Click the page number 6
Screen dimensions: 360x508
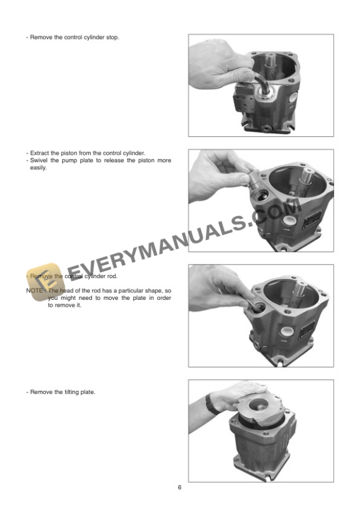pyautogui.click(x=179, y=487)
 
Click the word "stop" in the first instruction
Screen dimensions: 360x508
pyautogui.click(x=112, y=37)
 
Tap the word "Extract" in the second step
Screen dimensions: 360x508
pyautogui.click(x=39, y=153)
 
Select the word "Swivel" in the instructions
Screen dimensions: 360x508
pyautogui.click(x=39, y=161)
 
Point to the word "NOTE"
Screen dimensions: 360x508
pyautogui.click(x=34, y=290)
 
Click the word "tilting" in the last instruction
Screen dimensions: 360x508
pyautogui.click(x=71, y=392)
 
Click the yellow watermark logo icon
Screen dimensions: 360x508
pyautogui.click(x=45, y=282)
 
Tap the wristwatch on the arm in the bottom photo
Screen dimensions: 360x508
pyautogui.click(x=212, y=404)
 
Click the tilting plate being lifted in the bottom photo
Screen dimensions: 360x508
pyautogui.click(x=259, y=407)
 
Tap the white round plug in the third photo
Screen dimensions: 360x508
pyautogui.click(x=287, y=332)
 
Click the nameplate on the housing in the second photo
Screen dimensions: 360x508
pyautogui.click(x=311, y=220)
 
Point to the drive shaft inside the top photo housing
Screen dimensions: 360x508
pyautogui.click(x=271, y=62)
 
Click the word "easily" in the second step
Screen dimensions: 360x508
pyautogui.click(x=38, y=168)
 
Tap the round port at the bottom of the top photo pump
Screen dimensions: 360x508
pyautogui.click(x=266, y=129)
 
